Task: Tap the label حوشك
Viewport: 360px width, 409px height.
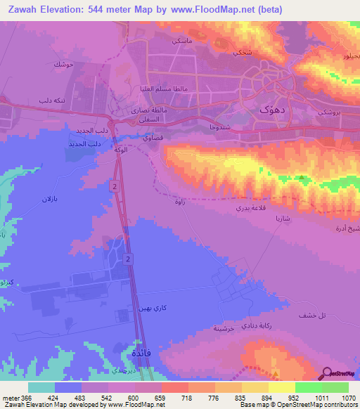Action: click(63, 65)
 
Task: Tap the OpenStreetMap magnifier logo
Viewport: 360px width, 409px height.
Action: click(327, 373)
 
